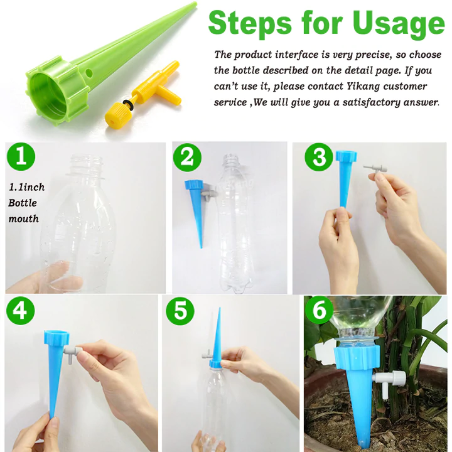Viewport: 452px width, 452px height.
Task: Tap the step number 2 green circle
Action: point(187,158)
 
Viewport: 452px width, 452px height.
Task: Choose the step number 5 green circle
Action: point(181,312)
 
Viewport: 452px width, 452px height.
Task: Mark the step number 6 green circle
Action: point(319,312)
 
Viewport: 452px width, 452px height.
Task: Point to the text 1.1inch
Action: point(26,187)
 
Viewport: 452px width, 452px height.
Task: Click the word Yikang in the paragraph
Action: point(346,86)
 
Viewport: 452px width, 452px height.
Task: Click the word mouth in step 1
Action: point(24,218)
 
